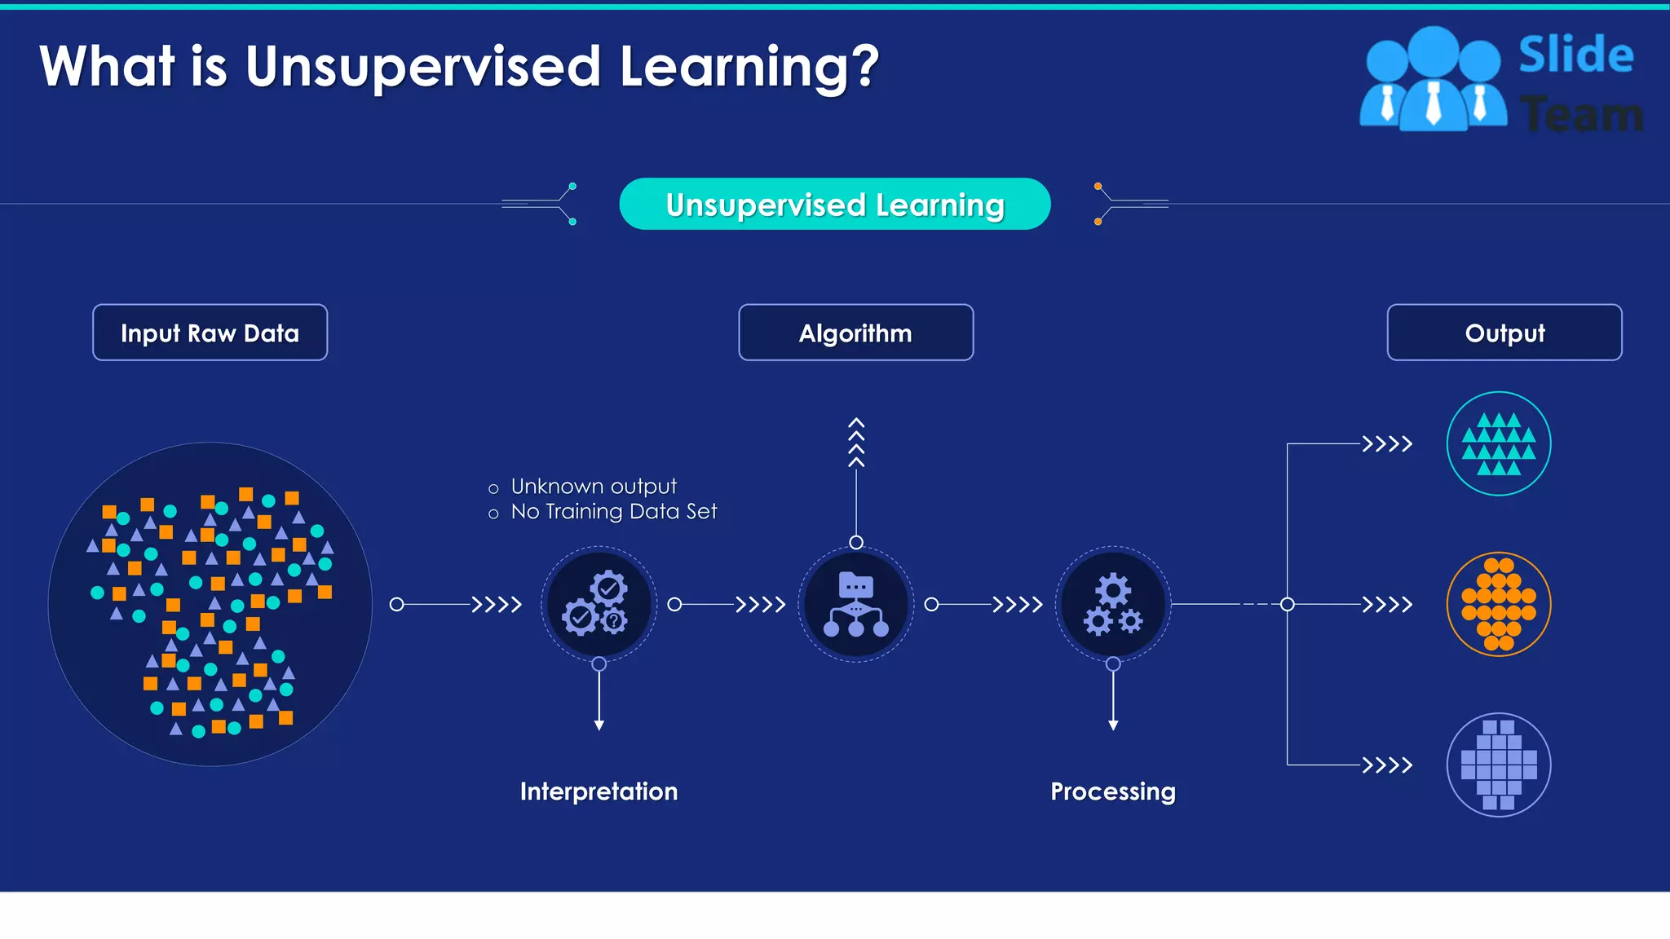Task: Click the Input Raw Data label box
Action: [x=210, y=333]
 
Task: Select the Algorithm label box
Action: [x=855, y=333]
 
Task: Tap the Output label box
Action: [x=1504, y=333]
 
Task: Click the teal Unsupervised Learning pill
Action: [x=835, y=204]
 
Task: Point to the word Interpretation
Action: [x=599, y=791]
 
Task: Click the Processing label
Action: [x=1113, y=791]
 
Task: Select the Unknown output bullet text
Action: [x=594, y=487]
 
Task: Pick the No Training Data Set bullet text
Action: [x=613, y=512]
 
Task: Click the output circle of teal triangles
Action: [x=1499, y=444]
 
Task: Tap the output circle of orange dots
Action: [x=1499, y=604]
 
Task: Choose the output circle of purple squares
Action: [x=1499, y=765]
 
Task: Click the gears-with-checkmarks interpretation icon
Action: [x=599, y=604]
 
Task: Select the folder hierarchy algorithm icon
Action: [x=855, y=604]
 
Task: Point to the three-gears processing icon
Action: [x=1113, y=604]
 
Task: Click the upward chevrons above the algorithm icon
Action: [x=855, y=443]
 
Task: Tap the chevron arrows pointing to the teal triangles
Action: [x=1387, y=444]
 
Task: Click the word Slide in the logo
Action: [x=1575, y=55]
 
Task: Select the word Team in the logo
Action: [x=1582, y=114]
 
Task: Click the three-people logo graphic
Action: [x=1434, y=80]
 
